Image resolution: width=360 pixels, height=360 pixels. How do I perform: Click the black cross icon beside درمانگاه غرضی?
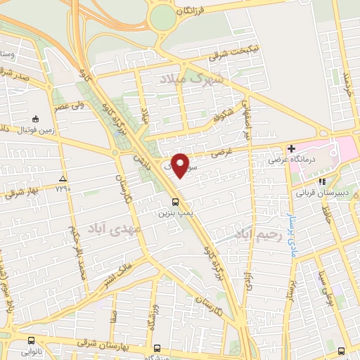point(291,148)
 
